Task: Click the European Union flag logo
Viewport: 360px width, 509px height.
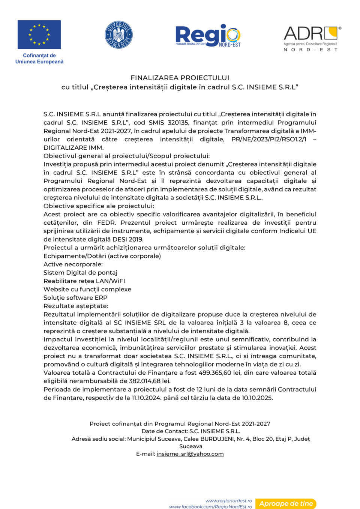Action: pos(39,35)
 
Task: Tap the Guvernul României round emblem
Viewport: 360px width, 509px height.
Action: pos(118,35)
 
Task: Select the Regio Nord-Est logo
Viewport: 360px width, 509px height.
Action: pos(208,36)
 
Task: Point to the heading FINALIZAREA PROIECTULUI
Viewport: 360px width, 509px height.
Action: pos(180,78)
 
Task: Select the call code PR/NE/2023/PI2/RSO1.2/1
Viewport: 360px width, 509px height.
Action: pos(269,139)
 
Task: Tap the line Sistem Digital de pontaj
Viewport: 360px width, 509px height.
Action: pos(80,273)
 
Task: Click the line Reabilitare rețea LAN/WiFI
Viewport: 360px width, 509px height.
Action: pos(84,281)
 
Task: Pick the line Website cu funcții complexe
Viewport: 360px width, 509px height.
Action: pos(87,289)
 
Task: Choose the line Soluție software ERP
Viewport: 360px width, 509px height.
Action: pos(75,297)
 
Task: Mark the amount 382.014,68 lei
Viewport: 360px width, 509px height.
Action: pos(150,381)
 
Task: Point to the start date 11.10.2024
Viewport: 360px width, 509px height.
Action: pos(146,398)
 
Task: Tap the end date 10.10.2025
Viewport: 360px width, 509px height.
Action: pos(256,398)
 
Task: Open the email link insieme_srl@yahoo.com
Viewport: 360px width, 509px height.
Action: pos(190,454)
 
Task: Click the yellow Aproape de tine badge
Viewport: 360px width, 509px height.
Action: pos(286,504)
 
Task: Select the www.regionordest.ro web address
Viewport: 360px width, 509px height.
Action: pos(228,501)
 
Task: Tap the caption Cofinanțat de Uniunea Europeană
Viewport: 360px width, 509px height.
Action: pos(39,59)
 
